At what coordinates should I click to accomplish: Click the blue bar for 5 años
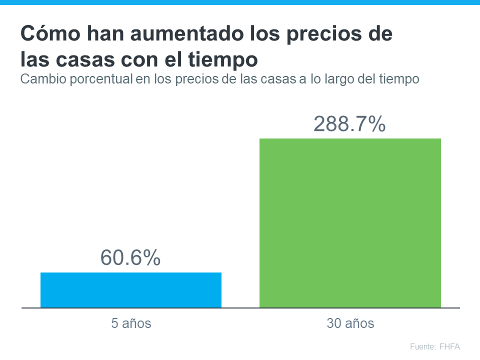130,290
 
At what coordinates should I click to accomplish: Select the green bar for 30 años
350,223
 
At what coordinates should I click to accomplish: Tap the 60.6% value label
130,257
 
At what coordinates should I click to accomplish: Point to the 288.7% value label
349,124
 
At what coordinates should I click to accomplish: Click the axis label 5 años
131,323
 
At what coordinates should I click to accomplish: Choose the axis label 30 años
350,323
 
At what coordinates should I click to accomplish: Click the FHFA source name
450,346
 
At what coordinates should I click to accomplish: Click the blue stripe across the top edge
240,2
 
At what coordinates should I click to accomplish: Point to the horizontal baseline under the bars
240,308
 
